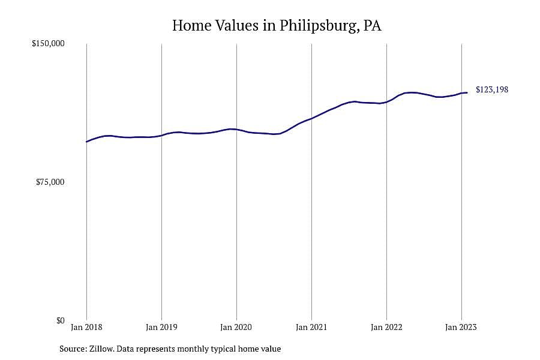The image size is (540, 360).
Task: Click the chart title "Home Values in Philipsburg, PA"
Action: (277, 26)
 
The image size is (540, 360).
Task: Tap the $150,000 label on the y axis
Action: (48, 44)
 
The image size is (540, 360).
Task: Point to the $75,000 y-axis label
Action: (50, 182)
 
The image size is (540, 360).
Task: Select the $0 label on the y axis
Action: (60, 320)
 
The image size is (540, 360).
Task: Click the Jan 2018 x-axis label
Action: (86, 327)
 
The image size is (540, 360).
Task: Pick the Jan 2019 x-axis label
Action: (161, 327)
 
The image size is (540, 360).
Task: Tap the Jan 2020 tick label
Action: (236, 327)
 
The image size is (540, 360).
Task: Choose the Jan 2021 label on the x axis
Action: (311, 327)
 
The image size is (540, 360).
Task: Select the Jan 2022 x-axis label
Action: (386, 327)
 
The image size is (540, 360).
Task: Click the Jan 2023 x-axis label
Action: (461, 327)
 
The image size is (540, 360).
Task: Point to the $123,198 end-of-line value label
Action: (492, 89)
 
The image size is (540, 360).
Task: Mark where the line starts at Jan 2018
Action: (86, 142)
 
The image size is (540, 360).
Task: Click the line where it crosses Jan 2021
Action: (311, 118)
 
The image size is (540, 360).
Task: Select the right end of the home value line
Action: (467, 92)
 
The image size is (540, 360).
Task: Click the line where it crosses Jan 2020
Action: (236, 129)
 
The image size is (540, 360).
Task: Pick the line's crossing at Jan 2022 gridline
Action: (387, 102)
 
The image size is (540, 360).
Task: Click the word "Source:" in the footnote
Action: (73, 349)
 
